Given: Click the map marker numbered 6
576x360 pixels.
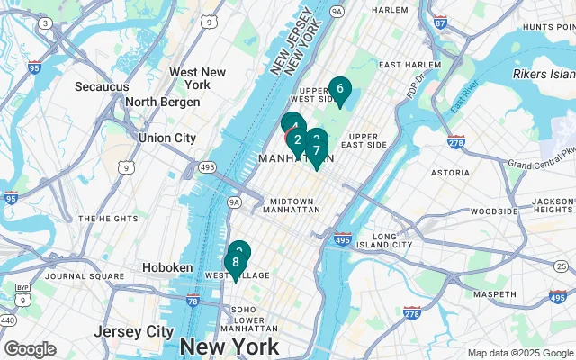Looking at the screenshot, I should [339, 89].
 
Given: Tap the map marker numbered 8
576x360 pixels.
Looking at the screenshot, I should [236, 263].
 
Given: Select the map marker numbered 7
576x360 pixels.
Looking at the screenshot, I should [317, 150].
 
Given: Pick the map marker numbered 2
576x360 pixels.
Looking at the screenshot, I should [297, 139].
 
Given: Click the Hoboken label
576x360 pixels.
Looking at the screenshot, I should [168, 268].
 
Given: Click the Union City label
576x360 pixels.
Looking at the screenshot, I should [166, 138].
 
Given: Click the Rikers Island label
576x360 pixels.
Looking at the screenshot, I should [543, 73].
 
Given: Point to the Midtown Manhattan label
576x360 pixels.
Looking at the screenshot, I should [291, 204].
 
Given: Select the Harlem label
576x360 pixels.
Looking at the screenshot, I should [390, 10].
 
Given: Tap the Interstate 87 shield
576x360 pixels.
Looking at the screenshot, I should [439, 22].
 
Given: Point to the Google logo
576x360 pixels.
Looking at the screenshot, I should [30, 349].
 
